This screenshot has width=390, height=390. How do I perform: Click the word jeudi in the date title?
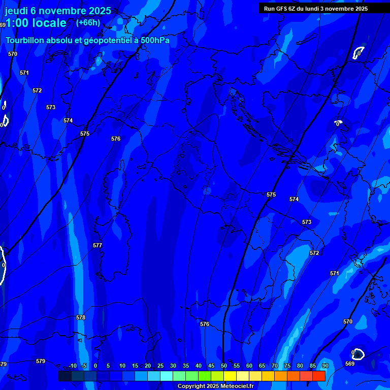16,11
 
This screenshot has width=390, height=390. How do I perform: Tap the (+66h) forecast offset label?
88,22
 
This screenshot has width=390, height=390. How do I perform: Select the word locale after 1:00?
49,23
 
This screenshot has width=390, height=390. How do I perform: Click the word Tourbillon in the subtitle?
25,41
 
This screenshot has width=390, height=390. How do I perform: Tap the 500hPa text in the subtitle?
155,41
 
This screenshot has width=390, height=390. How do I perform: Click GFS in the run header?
281,8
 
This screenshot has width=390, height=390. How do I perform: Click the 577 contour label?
97,245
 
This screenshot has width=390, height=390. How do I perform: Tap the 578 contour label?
81,317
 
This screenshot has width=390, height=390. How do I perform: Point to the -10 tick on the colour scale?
72,366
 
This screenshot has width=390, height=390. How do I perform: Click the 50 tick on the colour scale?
224,366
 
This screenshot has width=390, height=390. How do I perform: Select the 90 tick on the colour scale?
326,366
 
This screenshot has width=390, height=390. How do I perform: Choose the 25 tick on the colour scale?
160,366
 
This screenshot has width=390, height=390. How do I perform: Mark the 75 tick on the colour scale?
287,366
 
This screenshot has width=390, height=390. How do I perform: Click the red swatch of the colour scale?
318,376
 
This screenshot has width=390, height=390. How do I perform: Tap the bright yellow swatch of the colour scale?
230,376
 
